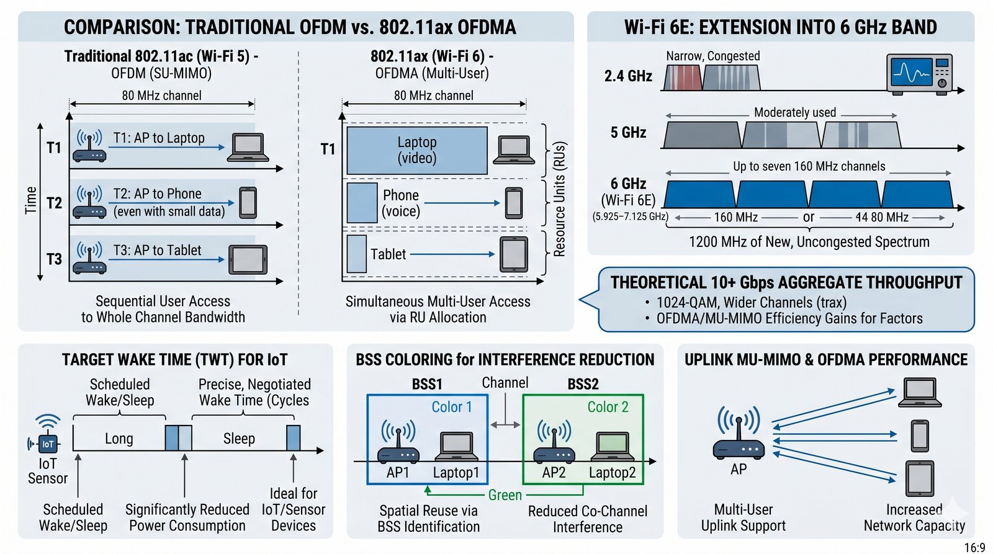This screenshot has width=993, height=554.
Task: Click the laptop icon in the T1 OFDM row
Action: point(248,147)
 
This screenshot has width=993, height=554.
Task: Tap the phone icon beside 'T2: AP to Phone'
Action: point(248,202)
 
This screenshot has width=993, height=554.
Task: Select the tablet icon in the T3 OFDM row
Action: point(248,259)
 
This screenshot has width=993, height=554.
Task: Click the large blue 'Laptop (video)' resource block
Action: point(416,150)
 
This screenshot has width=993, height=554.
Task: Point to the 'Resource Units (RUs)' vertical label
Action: point(559,199)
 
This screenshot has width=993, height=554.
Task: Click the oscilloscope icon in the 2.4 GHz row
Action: point(919,74)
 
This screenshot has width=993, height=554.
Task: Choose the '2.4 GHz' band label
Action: point(628,76)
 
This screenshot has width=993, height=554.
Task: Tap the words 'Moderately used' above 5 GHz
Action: point(795,112)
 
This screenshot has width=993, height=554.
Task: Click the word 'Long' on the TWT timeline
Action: point(119,439)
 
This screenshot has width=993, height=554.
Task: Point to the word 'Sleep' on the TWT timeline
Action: point(239,439)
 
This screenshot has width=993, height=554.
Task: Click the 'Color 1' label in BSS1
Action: point(452,407)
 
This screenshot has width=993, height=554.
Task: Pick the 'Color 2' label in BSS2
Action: point(608,407)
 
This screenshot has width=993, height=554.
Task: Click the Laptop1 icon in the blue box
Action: point(459,447)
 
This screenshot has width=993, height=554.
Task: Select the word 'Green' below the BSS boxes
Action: point(505,495)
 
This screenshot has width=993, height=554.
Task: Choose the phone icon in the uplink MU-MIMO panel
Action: point(920,436)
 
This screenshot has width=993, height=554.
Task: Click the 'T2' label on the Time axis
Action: point(54,203)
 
